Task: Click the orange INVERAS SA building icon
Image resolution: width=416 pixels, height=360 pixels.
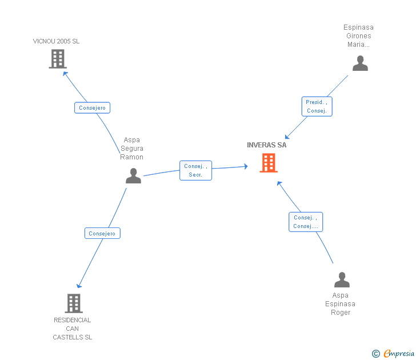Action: pyautogui.click(x=269, y=163)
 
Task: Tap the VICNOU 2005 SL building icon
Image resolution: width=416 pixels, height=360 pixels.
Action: pyautogui.click(x=58, y=59)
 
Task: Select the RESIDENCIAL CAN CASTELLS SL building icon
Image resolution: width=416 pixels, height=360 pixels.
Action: pyautogui.click(x=74, y=303)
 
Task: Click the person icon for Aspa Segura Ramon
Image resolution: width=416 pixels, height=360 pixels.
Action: pyautogui.click(x=133, y=175)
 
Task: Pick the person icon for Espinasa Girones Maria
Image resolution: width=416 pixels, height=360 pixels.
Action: pyautogui.click(x=360, y=63)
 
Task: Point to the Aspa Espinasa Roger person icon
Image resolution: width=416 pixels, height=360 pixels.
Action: pyautogui.click(x=342, y=279)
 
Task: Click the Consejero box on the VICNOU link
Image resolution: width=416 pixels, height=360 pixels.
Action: pyautogui.click(x=92, y=107)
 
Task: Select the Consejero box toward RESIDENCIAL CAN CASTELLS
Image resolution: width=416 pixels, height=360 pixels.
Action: pyautogui.click(x=102, y=233)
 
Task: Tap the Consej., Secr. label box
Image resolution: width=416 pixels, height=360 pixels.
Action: pyautogui.click(x=195, y=170)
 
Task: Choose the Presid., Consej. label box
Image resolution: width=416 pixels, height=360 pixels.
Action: pyautogui.click(x=317, y=106)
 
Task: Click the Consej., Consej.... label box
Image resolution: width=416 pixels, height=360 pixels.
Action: pyautogui.click(x=306, y=222)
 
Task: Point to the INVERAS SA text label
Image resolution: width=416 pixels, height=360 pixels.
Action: pyautogui.click(x=267, y=145)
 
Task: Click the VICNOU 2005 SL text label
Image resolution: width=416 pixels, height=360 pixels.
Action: pyautogui.click(x=56, y=41)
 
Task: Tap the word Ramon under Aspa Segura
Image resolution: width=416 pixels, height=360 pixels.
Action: pyautogui.click(x=131, y=157)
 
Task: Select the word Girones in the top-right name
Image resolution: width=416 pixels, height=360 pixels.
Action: pyautogui.click(x=359, y=36)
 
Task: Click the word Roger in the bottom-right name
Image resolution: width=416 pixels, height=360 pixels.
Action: pyautogui.click(x=341, y=313)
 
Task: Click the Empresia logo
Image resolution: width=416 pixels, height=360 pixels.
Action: pyautogui.click(x=393, y=353)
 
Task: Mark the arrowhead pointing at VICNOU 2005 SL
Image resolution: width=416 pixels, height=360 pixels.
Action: pyautogui.click(x=65, y=73)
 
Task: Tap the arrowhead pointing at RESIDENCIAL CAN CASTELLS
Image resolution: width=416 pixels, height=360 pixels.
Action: pyautogui.click(x=78, y=286)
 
